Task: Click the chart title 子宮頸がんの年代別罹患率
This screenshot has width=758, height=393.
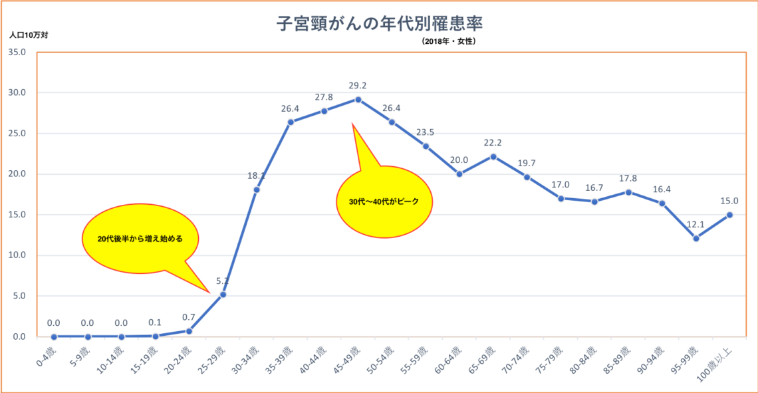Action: click(380, 25)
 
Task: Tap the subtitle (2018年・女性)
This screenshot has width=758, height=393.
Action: click(448, 41)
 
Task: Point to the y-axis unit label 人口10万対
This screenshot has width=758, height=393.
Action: click(29, 35)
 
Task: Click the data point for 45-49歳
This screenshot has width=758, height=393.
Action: click(358, 100)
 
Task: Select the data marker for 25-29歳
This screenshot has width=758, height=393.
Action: click(223, 294)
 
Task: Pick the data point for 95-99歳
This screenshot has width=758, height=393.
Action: click(695, 238)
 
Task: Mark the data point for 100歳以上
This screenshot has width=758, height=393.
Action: click(729, 215)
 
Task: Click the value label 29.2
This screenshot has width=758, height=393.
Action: click(358, 86)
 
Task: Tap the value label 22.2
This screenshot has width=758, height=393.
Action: click(493, 143)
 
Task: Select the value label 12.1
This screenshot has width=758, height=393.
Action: click(695, 225)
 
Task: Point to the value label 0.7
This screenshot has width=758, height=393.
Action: click(189, 317)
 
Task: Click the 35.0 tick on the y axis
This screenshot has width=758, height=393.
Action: click(17, 52)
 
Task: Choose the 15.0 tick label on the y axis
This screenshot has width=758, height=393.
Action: click(17, 215)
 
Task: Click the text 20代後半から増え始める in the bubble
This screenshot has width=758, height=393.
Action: click(140, 238)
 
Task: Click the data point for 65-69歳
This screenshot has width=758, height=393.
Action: click(493, 156)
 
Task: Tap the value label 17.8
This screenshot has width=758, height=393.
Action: click(628, 179)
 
